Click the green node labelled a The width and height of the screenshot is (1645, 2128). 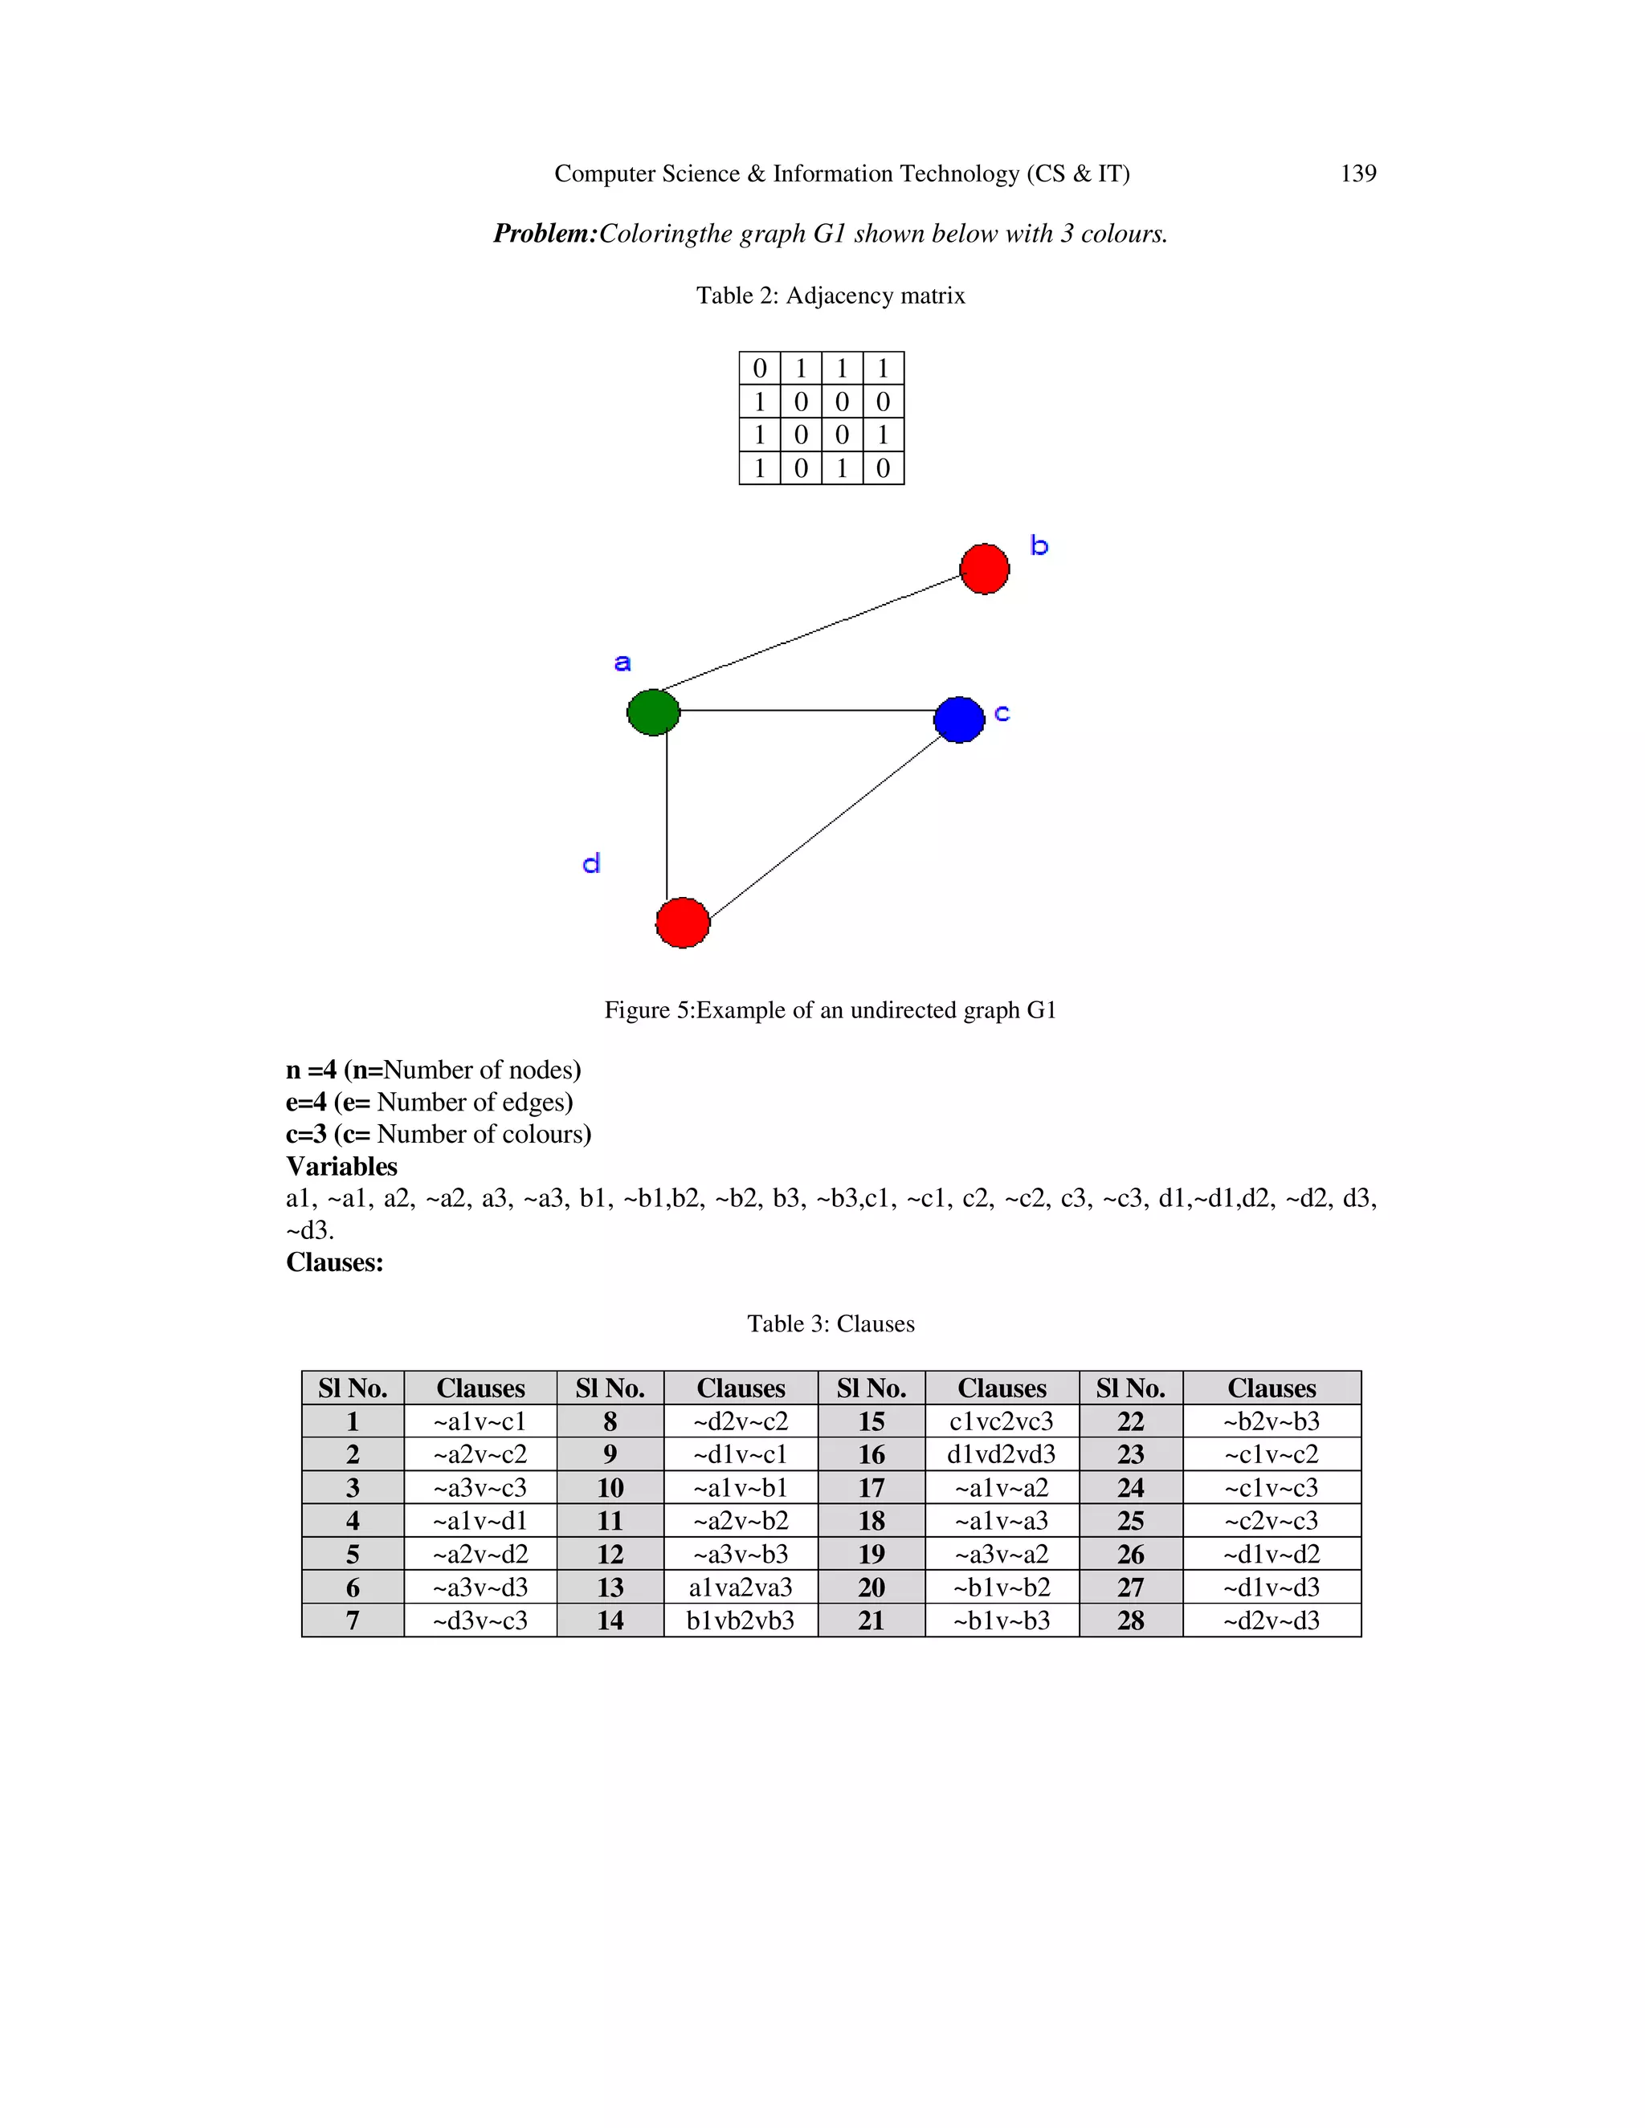coord(653,712)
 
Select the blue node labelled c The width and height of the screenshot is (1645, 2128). coord(959,719)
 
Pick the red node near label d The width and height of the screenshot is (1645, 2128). coord(682,922)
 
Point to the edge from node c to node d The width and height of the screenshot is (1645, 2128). coord(827,827)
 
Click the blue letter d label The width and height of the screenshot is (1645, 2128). coord(591,863)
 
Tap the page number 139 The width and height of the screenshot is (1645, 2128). coord(1357,173)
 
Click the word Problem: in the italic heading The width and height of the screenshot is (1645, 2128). coord(544,234)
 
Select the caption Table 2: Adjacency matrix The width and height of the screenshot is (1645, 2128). coord(831,296)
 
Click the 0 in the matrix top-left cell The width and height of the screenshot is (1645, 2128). coord(759,369)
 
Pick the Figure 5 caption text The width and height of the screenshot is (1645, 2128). coord(831,1010)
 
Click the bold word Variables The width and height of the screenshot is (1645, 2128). coord(341,1166)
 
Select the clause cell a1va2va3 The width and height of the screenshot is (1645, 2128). coord(741,1588)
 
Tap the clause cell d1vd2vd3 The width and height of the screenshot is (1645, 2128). coord(1001,1455)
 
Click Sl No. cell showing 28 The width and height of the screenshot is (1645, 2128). coord(1130,1620)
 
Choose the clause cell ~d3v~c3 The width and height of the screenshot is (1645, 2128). coord(480,1620)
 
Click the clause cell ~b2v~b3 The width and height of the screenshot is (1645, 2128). coord(1271,1421)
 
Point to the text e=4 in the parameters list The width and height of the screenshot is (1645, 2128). coord(306,1102)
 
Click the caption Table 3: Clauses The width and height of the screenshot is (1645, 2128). coord(831,1324)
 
